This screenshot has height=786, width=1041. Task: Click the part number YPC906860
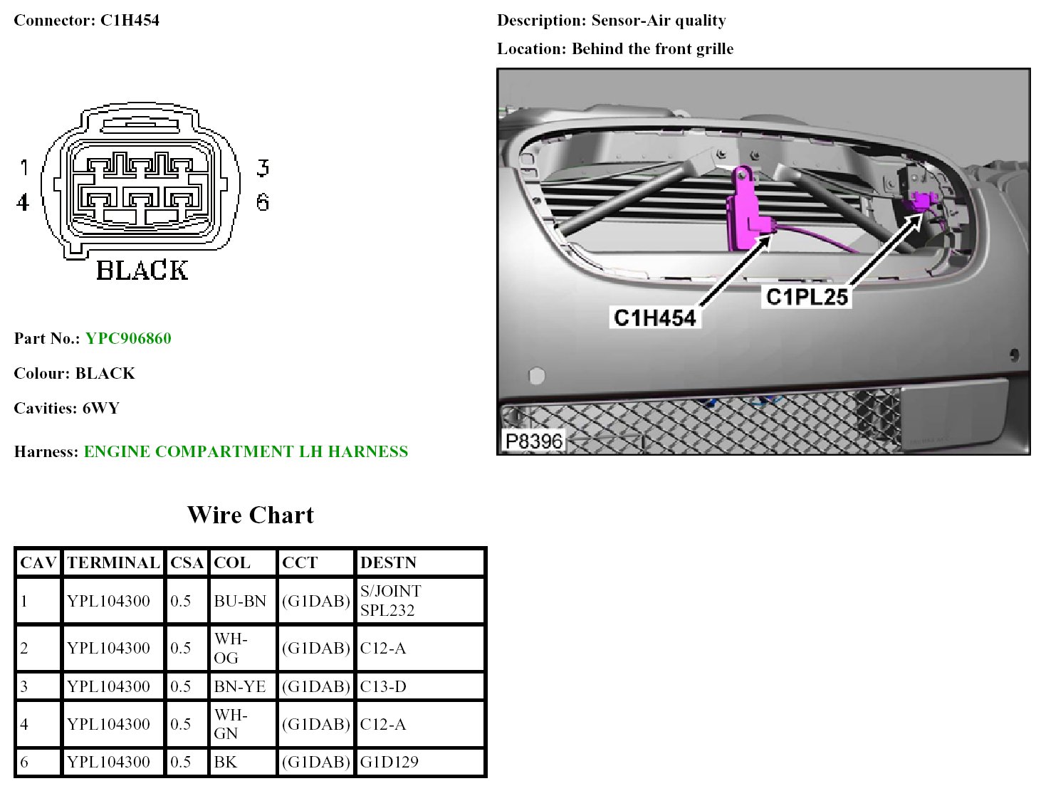click(128, 338)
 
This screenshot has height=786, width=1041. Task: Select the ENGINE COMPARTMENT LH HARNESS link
click(246, 451)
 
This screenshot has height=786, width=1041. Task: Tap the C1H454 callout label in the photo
click(654, 318)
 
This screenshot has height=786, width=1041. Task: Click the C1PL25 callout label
click(807, 296)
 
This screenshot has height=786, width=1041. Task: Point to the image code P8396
click(533, 441)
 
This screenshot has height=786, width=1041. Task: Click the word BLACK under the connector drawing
click(142, 271)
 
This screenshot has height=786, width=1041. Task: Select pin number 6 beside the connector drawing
click(263, 203)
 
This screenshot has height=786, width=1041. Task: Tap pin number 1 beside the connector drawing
click(24, 167)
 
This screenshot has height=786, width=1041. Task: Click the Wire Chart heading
click(250, 515)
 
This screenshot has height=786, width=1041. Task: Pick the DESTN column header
click(388, 562)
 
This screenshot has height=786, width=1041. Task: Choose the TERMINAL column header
click(113, 562)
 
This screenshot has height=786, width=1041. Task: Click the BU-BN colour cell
click(240, 601)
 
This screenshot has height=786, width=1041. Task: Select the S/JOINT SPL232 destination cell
click(390, 601)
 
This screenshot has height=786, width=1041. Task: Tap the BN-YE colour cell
click(240, 686)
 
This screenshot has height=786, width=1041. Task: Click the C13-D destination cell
click(383, 686)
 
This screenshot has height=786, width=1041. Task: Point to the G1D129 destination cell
click(389, 762)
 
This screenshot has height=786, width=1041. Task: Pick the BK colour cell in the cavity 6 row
click(226, 762)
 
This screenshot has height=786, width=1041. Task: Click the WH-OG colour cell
click(231, 648)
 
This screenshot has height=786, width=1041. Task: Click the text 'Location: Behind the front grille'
click(615, 48)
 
